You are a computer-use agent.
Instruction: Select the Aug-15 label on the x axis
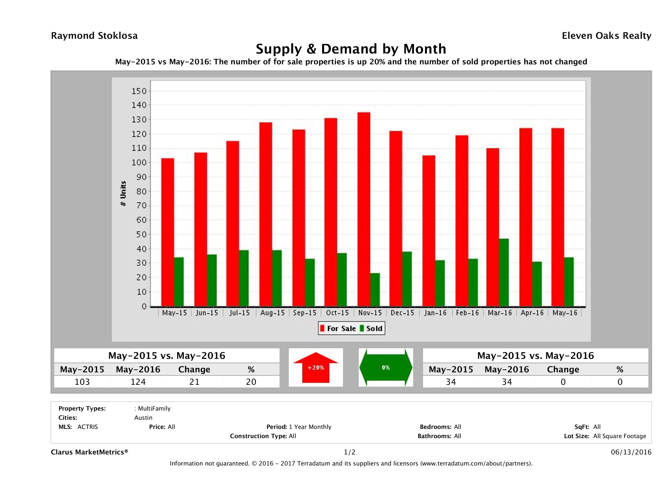(272, 313)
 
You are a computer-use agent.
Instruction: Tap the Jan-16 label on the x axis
(435, 313)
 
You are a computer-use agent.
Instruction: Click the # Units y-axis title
(123, 193)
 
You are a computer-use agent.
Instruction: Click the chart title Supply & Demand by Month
(351, 49)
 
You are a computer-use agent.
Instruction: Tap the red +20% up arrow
(316, 368)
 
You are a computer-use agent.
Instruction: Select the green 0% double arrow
(386, 368)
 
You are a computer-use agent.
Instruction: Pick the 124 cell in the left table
(138, 382)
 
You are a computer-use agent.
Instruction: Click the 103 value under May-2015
(82, 382)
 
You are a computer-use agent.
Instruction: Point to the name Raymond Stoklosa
(94, 36)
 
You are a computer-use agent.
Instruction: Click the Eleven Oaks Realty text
(606, 36)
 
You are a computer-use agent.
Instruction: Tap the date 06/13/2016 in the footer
(631, 452)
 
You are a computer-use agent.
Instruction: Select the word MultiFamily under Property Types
(154, 408)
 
